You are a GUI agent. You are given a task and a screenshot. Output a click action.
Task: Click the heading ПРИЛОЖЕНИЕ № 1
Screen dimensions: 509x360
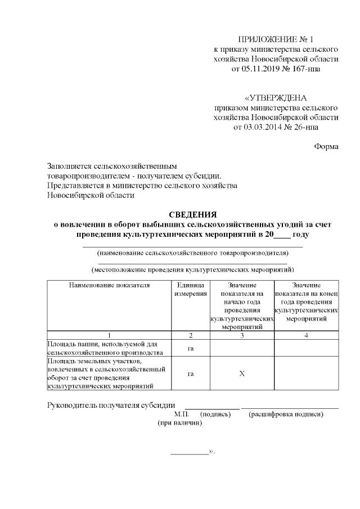[x=276, y=39]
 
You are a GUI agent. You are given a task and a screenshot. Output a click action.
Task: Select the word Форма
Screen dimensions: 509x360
[x=326, y=147]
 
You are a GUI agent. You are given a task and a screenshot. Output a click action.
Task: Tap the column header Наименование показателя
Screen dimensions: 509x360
[x=110, y=285]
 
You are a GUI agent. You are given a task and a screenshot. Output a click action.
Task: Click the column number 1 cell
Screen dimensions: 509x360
[x=110, y=335]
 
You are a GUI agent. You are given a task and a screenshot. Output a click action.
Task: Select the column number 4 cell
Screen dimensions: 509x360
[x=307, y=335]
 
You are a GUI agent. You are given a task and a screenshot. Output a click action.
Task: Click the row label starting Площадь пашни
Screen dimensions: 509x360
[x=105, y=348]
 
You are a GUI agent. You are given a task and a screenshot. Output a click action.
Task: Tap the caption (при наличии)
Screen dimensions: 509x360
[x=180, y=423]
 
